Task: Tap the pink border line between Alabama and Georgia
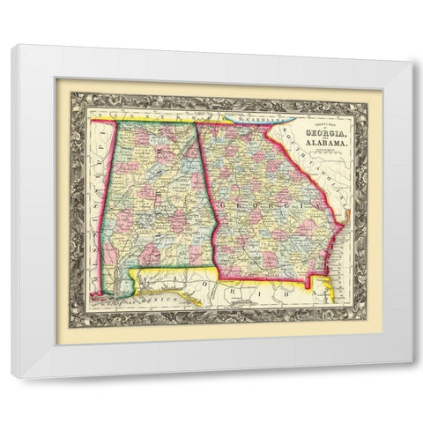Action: pyautogui.click(x=208, y=194)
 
